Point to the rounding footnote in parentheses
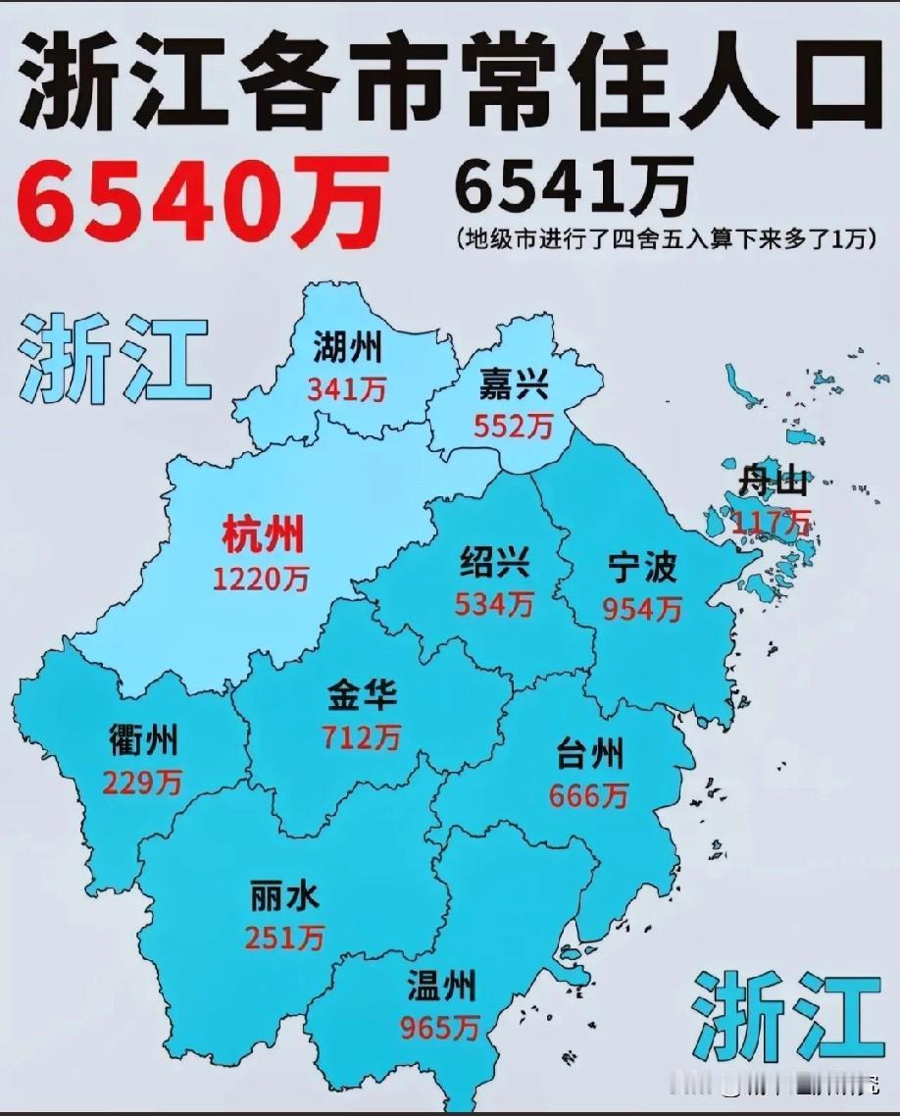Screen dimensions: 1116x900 [x=664, y=238]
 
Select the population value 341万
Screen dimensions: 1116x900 [x=347, y=389]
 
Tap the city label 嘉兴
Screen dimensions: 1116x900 [x=513, y=383]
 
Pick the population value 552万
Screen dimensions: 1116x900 [x=513, y=426]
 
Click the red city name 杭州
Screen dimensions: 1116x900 [x=263, y=535]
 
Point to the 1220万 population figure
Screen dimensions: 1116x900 [x=261, y=579]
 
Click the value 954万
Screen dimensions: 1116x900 [x=642, y=609]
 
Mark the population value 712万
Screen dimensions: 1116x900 [x=362, y=736]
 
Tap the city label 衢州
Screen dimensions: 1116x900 [x=144, y=741]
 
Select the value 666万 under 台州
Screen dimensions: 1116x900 [x=588, y=796]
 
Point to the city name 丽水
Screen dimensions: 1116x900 [x=285, y=894]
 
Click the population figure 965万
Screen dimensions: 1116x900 [x=440, y=1027]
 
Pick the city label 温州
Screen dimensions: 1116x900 [x=441, y=985]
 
